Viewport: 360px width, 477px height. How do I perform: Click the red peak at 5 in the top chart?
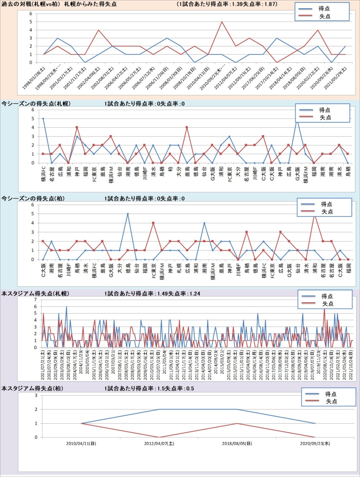coord(222,22)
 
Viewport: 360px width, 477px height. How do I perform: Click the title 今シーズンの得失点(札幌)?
coord(36,104)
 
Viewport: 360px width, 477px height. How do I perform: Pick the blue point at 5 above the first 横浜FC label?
coord(43,119)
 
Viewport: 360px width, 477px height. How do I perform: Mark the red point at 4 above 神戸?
coord(77,127)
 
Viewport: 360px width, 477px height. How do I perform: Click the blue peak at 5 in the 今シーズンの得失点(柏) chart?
coord(127,214)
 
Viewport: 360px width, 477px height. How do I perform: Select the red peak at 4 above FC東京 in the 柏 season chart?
coord(153,223)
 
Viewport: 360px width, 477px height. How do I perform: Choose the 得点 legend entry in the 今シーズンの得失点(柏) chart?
coord(326,204)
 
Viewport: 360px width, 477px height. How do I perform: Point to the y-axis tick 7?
coord(35,300)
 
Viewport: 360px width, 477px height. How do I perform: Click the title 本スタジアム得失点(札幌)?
coord(35,294)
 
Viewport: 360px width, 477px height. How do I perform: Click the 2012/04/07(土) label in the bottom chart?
coord(159,444)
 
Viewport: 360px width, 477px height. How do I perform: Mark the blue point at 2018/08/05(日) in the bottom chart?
coord(237,409)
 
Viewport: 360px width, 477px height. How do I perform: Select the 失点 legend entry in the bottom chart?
coord(331,401)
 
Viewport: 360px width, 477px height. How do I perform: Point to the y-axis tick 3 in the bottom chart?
coord(36,395)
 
